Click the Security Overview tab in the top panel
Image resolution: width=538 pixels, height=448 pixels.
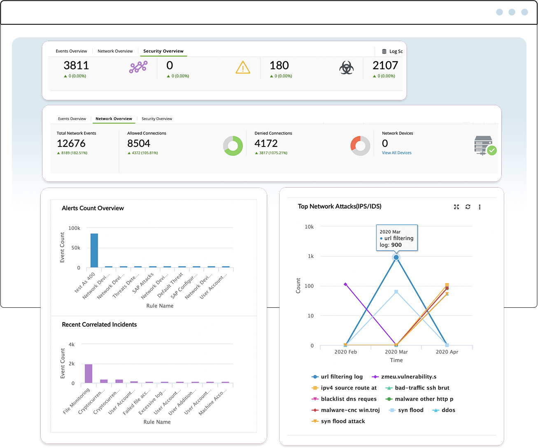coord(163,51)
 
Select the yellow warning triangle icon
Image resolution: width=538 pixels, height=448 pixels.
coord(243,67)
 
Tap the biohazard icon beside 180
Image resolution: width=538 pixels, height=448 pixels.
coord(346,67)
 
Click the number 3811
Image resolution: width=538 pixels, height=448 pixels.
coord(76,65)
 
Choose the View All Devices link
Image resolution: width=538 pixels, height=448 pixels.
coord(396,153)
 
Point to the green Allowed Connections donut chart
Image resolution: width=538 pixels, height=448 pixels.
coord(233,146)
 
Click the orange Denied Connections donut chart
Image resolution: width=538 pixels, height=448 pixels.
coord(360,146)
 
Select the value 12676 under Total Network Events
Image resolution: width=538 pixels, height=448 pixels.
coord(71,144)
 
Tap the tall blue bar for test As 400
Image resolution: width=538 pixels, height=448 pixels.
coord(94,251)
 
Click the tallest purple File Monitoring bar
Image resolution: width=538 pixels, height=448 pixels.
coord(89,374)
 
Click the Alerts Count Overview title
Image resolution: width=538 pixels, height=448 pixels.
coord(93,208)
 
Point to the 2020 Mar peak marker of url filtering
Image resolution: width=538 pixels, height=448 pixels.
coord(396,258)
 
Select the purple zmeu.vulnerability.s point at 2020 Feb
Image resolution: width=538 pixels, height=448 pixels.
coord(345,284)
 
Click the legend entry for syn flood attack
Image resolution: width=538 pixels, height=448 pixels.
coord(342,421)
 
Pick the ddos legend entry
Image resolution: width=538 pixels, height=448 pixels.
coord(448,410)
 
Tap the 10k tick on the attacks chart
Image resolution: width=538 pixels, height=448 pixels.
coord(309,227)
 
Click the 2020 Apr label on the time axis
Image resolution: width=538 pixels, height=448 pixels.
coord(447,352)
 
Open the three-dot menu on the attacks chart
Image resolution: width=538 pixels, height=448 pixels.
coord(480,207)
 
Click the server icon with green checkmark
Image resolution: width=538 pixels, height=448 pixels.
coord(485,146)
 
